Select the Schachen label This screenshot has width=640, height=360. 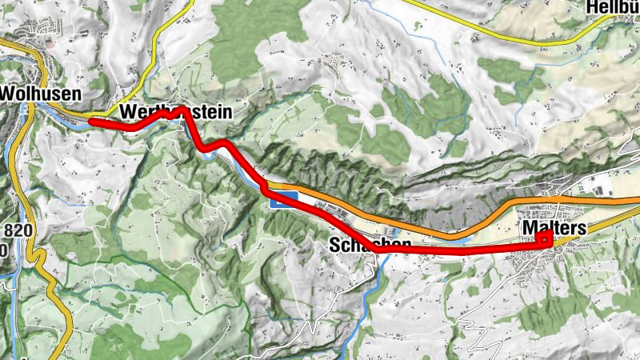coord(370,245)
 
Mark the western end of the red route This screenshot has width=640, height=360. coord(90,122)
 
